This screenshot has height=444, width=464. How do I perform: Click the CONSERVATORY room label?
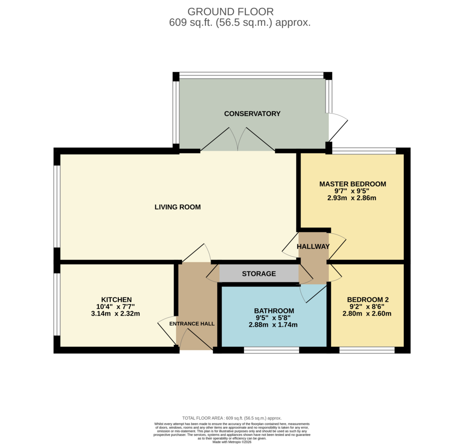252,114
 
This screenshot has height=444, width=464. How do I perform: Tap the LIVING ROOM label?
178,207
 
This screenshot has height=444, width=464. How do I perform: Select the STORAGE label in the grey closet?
259,274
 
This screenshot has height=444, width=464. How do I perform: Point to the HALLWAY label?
313,247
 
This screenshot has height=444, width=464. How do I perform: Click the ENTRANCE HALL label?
192,324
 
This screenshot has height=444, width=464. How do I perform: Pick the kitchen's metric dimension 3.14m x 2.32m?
116,314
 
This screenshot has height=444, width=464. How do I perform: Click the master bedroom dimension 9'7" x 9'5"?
352,191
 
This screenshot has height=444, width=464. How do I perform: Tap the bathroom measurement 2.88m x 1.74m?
273,325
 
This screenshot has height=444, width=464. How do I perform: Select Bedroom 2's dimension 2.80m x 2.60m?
367,314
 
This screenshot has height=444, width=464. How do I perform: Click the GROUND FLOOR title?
231,12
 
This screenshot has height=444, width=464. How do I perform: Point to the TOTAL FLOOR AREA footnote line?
232,418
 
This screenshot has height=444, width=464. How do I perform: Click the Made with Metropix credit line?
232,442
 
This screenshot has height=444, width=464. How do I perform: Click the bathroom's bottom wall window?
271,350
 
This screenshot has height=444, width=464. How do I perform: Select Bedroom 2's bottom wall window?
367,350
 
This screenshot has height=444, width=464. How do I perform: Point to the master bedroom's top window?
364,151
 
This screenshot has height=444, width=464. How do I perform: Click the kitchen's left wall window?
57,305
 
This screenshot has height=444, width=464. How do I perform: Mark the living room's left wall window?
57,206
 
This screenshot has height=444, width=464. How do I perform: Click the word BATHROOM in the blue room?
274,311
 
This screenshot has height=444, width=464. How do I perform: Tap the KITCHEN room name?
116,300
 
